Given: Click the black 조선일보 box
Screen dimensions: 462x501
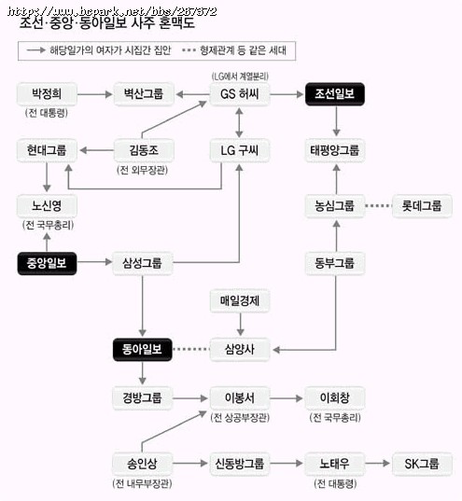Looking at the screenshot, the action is coord(335,94).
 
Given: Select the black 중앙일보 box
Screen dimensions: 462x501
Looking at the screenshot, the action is coord(47,263).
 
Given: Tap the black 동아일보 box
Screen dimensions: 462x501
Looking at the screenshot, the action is coord(143,350).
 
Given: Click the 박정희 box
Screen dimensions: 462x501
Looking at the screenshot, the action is coord(47,94).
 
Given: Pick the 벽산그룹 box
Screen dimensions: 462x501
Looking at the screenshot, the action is coord(144,94).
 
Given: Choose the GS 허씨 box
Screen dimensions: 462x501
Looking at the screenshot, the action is coord(240,94).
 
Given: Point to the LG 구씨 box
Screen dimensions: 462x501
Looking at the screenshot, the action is coord(240,150).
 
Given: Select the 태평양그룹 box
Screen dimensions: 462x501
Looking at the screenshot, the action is coord(335,150).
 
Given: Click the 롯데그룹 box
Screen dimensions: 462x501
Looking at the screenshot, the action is coord(422,206).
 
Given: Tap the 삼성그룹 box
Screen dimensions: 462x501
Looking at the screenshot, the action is coord(143,263).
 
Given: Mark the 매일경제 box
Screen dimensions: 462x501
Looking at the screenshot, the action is coord(240,300).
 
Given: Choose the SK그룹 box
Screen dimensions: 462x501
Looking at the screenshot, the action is coord(422,464).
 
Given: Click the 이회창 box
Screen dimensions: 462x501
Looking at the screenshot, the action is coord(335,398).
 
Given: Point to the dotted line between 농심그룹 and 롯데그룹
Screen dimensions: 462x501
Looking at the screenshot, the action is coord(379,206).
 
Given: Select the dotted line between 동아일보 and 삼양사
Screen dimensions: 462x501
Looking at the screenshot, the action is coord(191,349).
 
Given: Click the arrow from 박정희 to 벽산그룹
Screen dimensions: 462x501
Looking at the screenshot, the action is coord(94,94).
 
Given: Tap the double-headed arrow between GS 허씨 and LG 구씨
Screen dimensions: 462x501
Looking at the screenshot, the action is coord(240,123).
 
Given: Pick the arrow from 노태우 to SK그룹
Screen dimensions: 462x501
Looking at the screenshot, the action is coord(378,463).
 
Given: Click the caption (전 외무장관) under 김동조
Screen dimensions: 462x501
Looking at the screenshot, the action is coord(143,170).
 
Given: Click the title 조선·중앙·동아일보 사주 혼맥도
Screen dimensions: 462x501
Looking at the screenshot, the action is coord(106,23).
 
